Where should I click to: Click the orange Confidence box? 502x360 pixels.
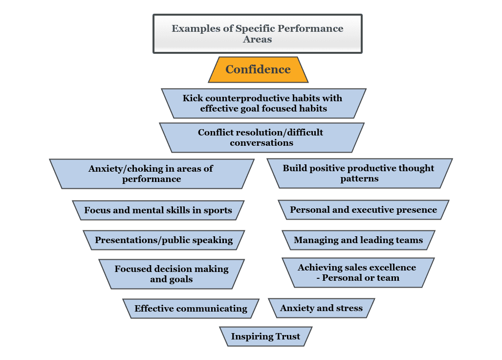[258, 69]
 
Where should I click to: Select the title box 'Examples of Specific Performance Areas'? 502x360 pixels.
[258, 34]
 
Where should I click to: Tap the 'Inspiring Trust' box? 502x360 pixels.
[266, 337]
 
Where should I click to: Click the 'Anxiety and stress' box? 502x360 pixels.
[322, 308]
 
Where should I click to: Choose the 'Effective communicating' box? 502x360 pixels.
[191, 309]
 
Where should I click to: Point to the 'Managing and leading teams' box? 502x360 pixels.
[359, 240]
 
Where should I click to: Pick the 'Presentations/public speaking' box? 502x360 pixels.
[164, 240]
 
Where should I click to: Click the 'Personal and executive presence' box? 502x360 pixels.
[364, 210]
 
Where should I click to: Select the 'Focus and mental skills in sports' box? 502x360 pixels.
[158, 210]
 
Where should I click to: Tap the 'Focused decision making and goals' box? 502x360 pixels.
[172, 274]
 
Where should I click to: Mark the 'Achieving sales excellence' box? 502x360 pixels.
[358, 272]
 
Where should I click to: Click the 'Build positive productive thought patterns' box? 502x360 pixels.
[360, 173]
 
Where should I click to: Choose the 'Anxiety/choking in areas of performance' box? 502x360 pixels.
[152, 174]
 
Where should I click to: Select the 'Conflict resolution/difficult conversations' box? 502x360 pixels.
[262, 137]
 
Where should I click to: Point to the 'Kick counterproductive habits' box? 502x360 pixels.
[263, 103]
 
